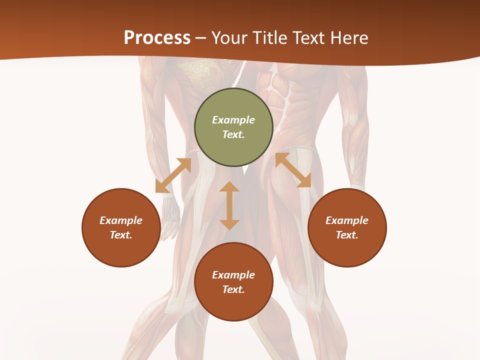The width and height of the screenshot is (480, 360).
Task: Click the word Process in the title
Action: click(157, 38)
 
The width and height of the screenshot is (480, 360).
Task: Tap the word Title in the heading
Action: click(269, 38)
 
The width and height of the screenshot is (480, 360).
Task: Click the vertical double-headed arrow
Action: click(229, 205)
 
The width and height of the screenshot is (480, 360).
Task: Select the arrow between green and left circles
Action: click(173, 175)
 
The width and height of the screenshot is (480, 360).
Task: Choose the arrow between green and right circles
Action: click(293, 170)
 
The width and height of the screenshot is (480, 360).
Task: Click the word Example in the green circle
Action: click(233, 120)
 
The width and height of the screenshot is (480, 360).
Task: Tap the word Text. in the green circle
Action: click(233, 134)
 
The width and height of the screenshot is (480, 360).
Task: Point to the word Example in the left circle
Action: click(121, 220)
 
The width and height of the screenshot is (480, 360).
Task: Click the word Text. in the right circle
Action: click(347, 235)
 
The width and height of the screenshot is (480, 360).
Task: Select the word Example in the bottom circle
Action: click(233, 275)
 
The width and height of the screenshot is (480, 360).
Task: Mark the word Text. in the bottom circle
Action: click(233, 289)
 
